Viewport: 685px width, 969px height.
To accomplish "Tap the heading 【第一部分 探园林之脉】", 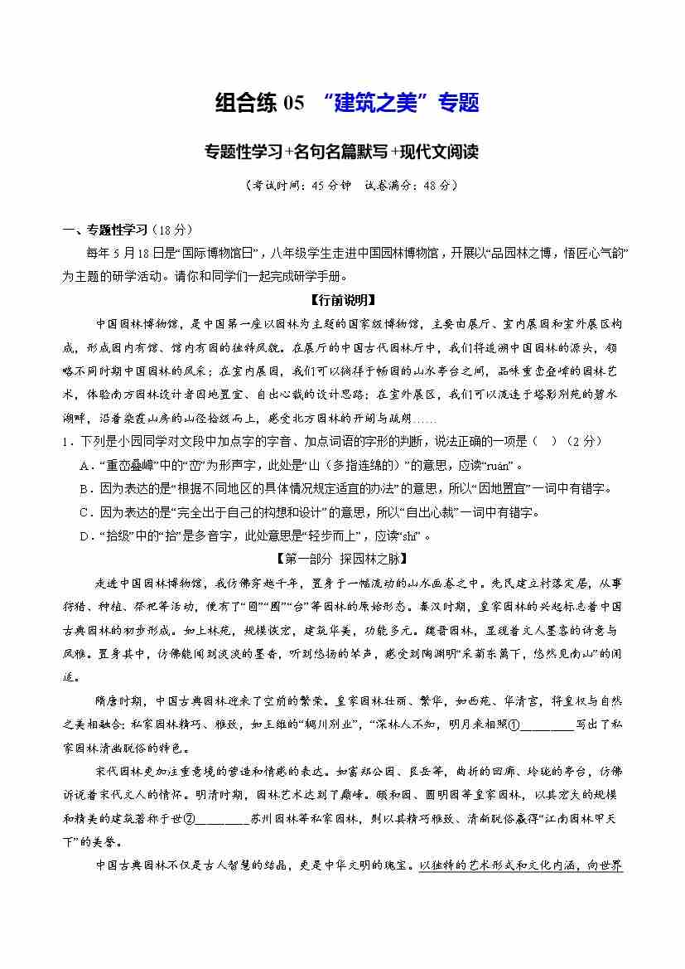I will click(x=342, y=558).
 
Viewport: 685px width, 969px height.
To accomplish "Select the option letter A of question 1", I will click(x=84, y=465).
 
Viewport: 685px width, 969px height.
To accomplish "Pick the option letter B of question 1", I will click(x=84, y=489).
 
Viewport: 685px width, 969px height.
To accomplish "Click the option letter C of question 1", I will click(x=84, y=512).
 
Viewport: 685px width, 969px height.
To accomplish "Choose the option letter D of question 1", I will click(x=84, y=535).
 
